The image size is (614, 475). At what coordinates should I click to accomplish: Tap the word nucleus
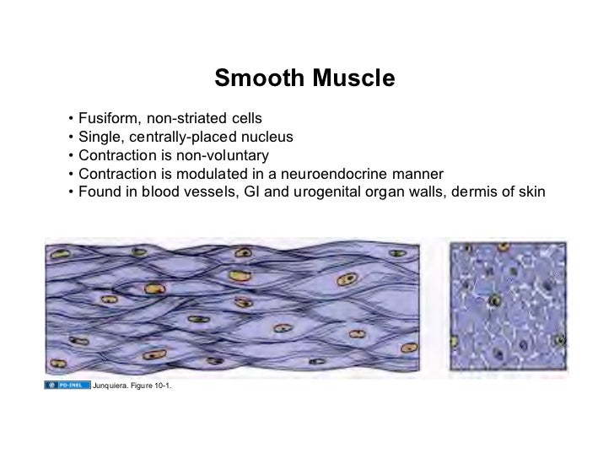267,136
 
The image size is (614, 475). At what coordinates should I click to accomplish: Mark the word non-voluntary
225,155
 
